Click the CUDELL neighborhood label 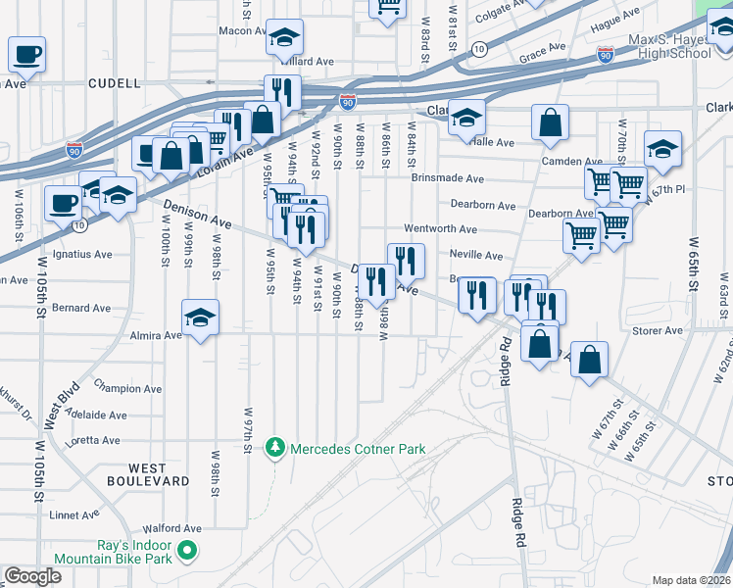114,84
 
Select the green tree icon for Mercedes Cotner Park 277,449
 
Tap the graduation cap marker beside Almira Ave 200,317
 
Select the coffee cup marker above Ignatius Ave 63,204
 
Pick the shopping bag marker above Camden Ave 550,122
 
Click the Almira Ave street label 158,335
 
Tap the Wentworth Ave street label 440,229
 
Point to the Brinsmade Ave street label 448,179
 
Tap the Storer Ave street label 659,331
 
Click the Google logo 32,576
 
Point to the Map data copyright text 691,580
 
